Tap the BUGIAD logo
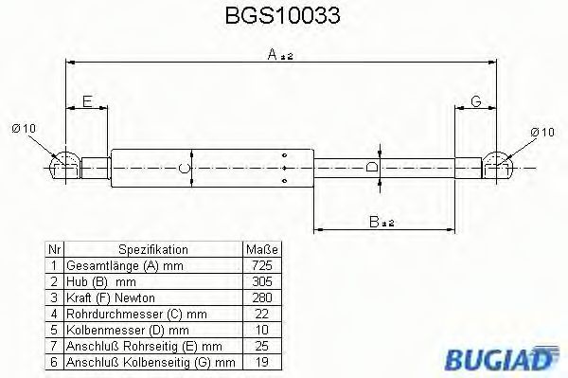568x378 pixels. tap(503, 357)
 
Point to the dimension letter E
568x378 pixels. tap(87, 101)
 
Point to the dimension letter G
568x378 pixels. tap(476, 101)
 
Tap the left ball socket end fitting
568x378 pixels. tap(64, 166)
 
